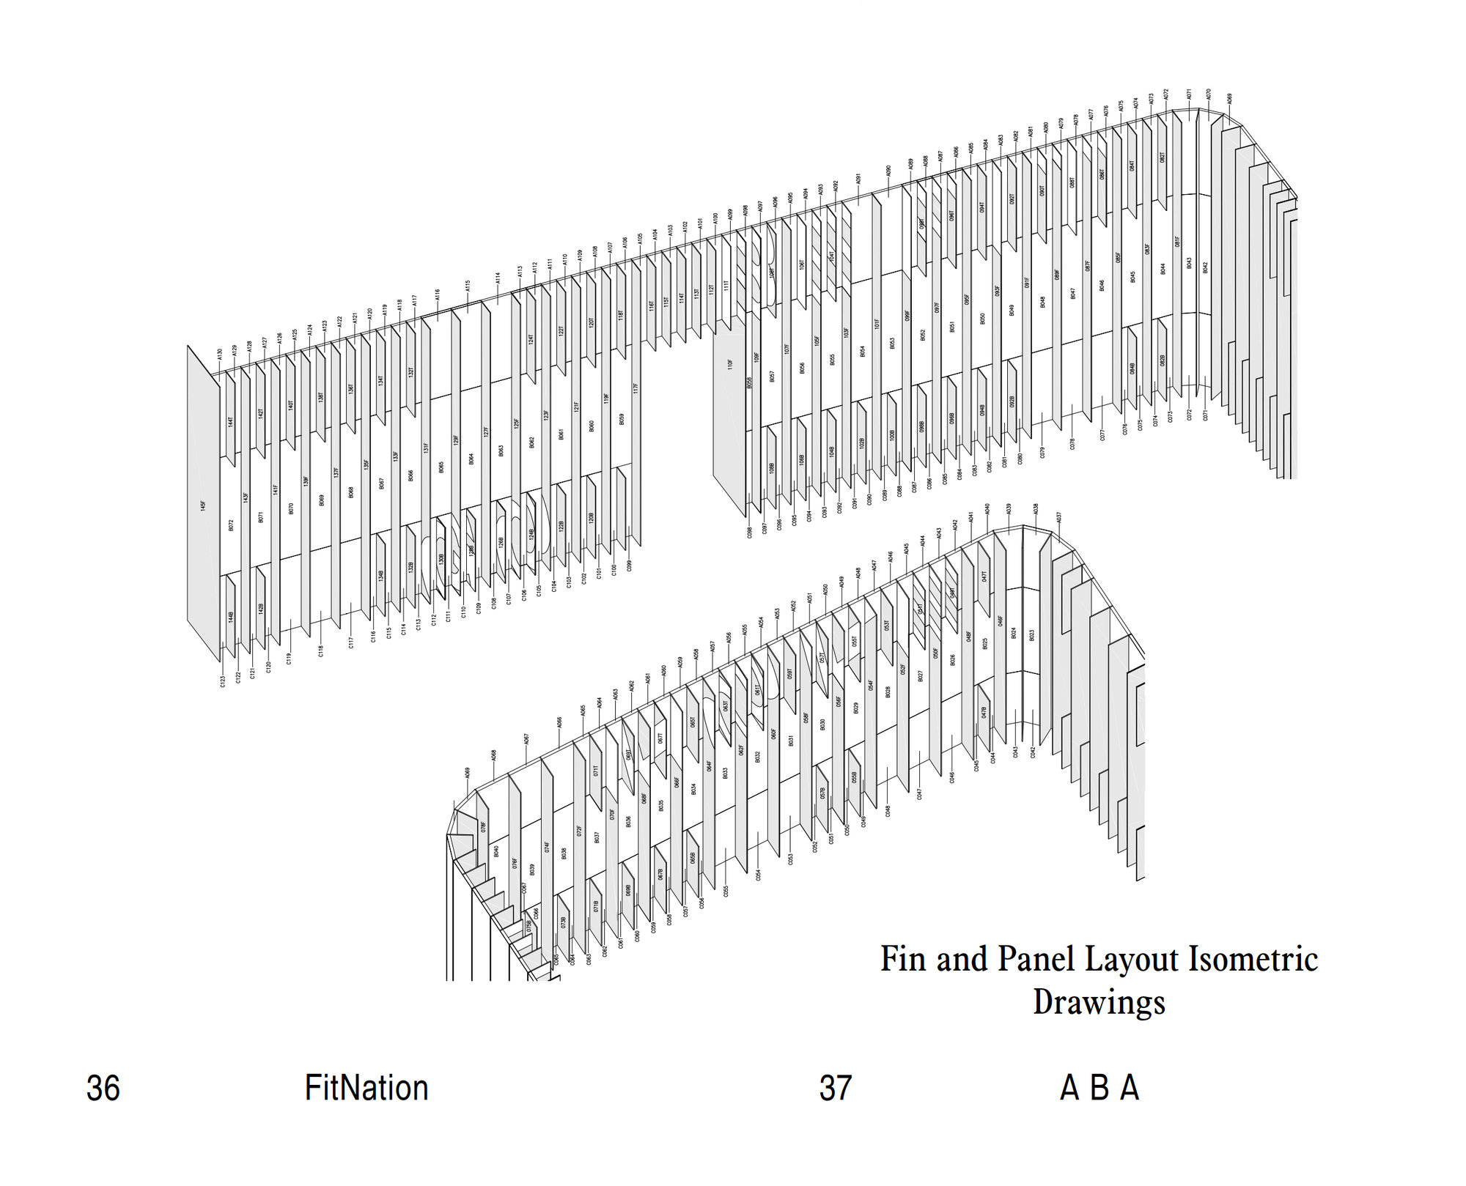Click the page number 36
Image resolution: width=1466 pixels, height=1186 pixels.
(103, 1089)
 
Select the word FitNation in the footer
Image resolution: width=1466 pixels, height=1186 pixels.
(366, 1089)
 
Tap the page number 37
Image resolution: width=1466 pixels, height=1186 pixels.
(835, 1089)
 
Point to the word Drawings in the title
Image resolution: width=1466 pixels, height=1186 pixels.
(1098, 1002)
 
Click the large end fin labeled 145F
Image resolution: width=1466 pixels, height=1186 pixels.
(203, 505)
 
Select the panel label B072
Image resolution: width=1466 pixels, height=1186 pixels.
(231, 525)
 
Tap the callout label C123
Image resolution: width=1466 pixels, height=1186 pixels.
(223, 681)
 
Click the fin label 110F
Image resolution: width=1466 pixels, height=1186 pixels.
(730, 363)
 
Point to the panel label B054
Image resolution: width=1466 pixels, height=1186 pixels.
(863, 351)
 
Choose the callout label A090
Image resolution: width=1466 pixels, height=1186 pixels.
(888, 171)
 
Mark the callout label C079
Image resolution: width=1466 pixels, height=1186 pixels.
(1042, 453)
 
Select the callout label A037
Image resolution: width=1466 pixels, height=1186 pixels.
(1058, 517)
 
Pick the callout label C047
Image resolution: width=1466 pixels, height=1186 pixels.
(919, 794)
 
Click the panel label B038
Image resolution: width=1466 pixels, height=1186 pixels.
(564, 853)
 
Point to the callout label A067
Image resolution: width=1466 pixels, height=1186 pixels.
(526, 739)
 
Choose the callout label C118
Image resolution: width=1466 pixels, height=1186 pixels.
(321, 651)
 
